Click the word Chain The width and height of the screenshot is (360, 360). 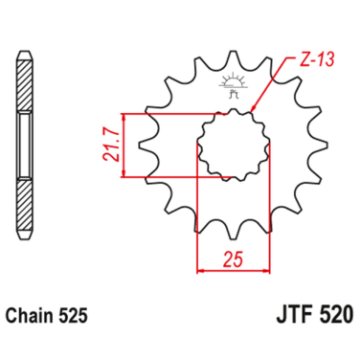(34, 312)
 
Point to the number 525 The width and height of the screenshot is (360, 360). (77, 312)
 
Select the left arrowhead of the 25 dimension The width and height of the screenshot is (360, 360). (200, 270)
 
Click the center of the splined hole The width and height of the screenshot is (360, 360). (230, 146)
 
